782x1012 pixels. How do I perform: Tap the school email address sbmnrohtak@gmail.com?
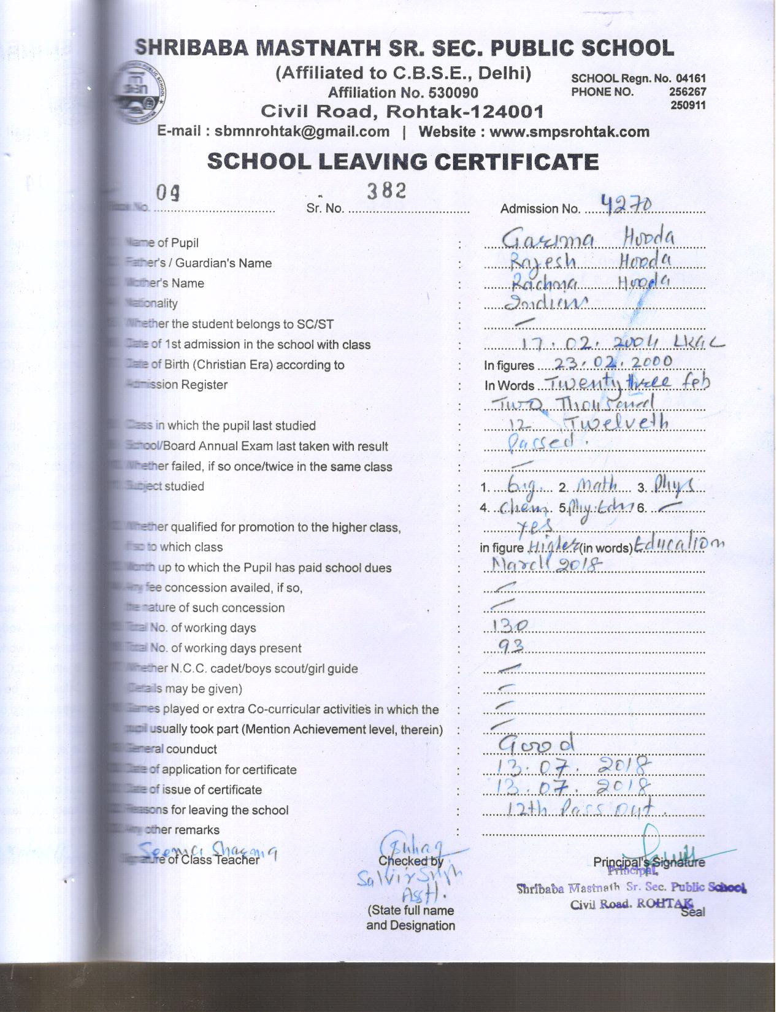pos(302,132)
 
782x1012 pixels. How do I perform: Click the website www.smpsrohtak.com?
pos(569,132)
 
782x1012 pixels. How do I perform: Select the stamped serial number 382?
pos(386,191)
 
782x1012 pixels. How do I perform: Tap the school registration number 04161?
pos(691,79)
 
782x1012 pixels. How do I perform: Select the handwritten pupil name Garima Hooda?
pos(588,239)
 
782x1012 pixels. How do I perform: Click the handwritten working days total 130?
pos(510,625)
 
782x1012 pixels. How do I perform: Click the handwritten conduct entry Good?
pos(536,744)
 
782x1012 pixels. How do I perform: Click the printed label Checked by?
pos(410,861)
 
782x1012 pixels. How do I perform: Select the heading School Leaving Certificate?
pos(403,162)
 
